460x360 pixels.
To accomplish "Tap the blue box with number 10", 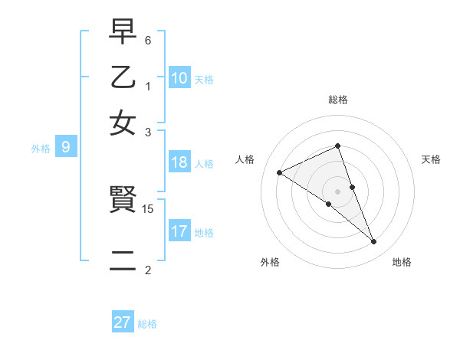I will click(x=179, y=78).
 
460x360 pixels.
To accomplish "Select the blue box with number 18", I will click(x=179, y=162).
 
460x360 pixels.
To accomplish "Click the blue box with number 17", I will click(x=179, y=231).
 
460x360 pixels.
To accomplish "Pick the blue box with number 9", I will click(x=66, y=148).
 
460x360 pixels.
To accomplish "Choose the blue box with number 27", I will click(x=123, y=322).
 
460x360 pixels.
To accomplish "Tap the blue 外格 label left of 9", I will click(x=41, y=149).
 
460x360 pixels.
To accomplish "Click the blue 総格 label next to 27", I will click(x=147, y=324).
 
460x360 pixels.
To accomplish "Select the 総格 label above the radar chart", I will click(x=338, y=100).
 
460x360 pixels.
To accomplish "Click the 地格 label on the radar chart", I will click(x=402, y=263).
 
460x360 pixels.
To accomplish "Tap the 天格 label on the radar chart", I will click(x=431, y=159).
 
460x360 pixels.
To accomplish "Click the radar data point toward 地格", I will click(x=374, y=242).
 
